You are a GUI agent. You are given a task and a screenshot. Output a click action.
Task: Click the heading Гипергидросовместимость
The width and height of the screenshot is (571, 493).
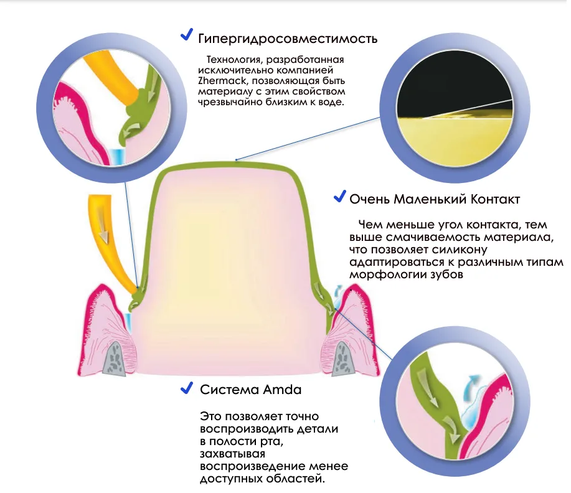[x=288, y=39]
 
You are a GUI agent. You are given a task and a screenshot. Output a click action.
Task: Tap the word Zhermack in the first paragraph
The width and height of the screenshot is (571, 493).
[x=222, y=80]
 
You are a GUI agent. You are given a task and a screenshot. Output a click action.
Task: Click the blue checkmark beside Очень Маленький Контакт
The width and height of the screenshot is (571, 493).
[x=339, y=196]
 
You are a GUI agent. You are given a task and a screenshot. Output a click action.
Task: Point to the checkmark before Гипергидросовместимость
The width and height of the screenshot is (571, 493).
[x=186, y=35]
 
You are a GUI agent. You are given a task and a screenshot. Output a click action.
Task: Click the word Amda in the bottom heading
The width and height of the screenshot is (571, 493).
[x=282, y=390]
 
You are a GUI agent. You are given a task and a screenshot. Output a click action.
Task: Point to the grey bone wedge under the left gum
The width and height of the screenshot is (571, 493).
[x=115, y=359]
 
